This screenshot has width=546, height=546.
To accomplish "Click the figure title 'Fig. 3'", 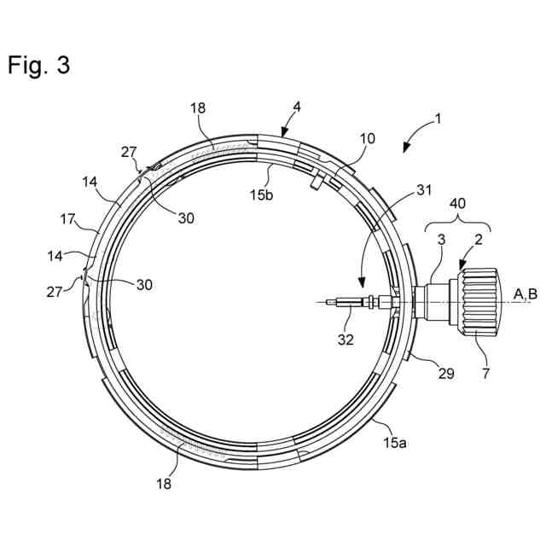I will (39, 67).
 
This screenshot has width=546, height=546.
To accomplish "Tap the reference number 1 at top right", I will (438, 119).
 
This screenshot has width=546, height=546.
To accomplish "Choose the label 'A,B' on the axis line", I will (525, 294).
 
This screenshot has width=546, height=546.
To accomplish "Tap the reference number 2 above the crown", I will (479, 240).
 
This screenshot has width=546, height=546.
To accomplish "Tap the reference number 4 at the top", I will (296, 107).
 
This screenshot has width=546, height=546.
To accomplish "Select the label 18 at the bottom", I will (164, 483).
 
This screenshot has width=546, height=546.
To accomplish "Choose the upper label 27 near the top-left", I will (128, 152).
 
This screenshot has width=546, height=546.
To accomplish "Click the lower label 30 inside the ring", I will (144, 285).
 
